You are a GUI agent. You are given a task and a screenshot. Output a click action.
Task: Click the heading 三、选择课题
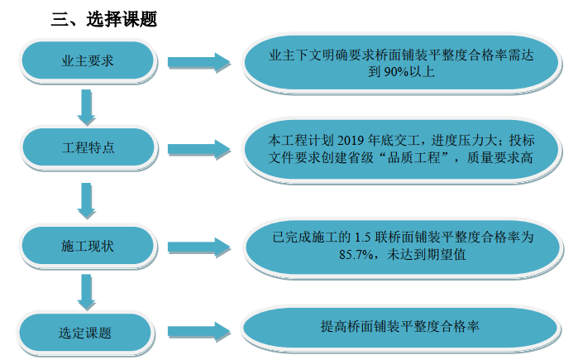click(x=104, y=19)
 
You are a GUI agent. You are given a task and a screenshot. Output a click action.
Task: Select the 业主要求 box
click(x=87, y=61)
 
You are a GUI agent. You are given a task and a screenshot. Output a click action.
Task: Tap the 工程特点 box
click(x=87, y=148)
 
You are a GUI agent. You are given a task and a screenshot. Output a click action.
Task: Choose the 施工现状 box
click(x=87, y=246)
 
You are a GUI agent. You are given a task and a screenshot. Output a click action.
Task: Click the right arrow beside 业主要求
click(x=198, y=63)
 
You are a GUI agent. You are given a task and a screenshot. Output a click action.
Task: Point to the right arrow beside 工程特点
click(x=198, y=150)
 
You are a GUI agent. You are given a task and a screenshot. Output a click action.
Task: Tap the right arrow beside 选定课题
click(x=198, y=330)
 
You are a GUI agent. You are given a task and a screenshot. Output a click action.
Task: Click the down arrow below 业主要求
click(x=85, y=105)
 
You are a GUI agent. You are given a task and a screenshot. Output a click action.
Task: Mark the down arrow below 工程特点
click(x=85, y=199)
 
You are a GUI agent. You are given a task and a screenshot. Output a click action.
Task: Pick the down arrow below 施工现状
click(x=85, y=290)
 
